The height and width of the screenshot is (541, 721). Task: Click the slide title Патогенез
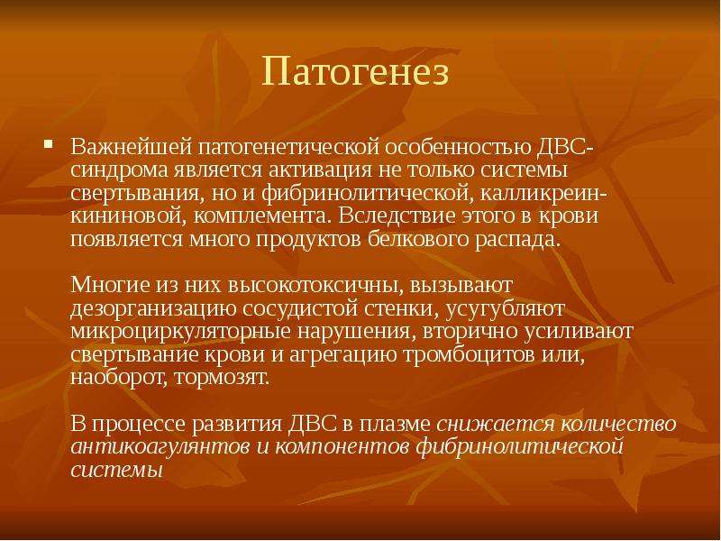tap(355, 72)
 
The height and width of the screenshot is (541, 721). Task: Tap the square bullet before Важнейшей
tap(48, 143)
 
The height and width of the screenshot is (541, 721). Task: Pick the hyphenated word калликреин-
tap(544, 193)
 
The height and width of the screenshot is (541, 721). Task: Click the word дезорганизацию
tap(153, 309)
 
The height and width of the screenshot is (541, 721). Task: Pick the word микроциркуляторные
tap(181, 332)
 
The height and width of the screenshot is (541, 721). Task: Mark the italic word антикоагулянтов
tap(160, 447)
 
